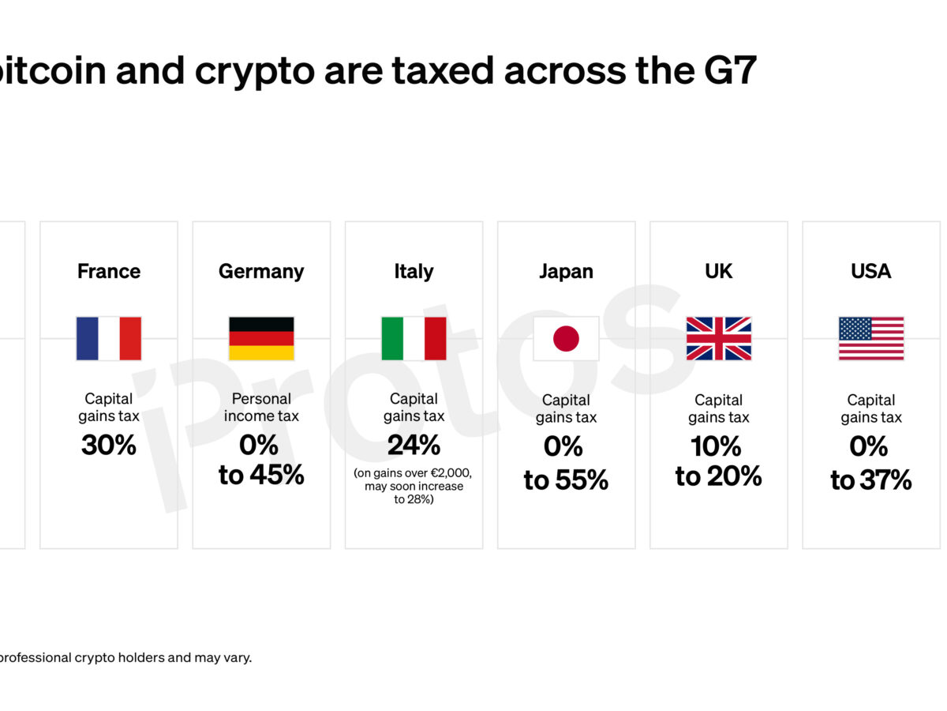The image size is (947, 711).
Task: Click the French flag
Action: click(109, 339)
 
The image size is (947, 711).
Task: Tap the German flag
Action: click(261, 339)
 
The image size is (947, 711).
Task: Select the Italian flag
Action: click(414, 339)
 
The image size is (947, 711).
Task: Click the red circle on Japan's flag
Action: click(566, 339)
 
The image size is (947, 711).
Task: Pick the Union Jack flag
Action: click(718, 339)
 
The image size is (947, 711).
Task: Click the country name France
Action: click(109, 272)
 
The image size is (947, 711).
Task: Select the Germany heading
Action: click(261, 272)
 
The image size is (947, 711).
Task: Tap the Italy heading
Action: click(414, 272)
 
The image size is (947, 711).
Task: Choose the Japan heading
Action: click(566, 272)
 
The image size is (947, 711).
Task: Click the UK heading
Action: click(718, 272)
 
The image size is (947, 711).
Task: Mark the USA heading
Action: click(870, 272)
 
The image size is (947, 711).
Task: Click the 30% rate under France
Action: click(109, 446)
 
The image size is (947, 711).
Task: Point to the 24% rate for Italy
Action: click(414, 446)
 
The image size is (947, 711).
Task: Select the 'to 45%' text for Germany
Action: click(261, 476)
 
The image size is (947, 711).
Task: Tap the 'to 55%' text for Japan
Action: click(566, 480)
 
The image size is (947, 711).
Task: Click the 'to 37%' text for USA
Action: click(870, 480)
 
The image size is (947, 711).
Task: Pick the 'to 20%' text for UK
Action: click(718, 476)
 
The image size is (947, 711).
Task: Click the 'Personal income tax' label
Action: click(261, 407)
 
